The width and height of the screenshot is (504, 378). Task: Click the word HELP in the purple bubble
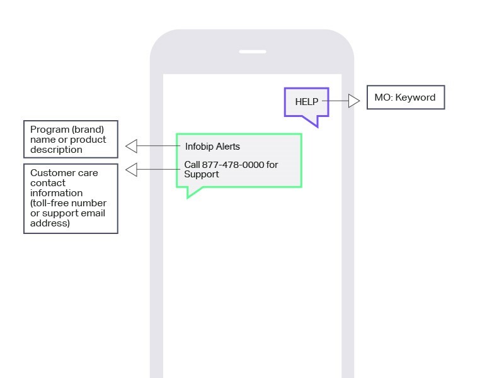[x=307, y=102]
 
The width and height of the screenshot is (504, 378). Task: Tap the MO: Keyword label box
[x=406, y=97]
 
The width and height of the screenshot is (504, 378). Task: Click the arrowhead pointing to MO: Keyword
[x=354, y=101]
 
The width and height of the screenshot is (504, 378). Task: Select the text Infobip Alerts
[x=212, y=147]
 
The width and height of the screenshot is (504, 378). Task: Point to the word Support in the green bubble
[x=202, y=174]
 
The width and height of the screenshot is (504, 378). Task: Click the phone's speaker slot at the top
[x=252, y=52]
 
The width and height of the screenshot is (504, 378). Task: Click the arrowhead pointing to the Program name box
[x=131, y=147]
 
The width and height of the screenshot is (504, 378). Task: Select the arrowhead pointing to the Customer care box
[x=131, y=170]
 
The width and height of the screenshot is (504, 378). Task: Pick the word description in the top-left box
[x=56, y=150]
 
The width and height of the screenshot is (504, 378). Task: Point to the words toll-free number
[x=69, y=203]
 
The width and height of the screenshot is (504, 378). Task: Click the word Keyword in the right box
[x=415, y=97]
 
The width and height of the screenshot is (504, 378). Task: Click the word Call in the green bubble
[x=192, y=165]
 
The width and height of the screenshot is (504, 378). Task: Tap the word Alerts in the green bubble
[x=227, y=147]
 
